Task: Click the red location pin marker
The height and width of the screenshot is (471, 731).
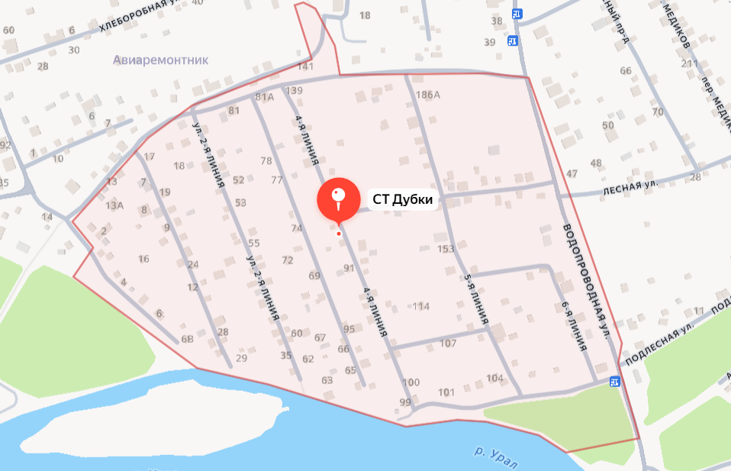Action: pos(338,200)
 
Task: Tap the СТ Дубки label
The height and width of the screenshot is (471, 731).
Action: pos(403,201)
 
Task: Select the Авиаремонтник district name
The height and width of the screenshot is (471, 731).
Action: pos(160,60)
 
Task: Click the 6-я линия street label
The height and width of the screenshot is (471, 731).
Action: pos(575,324)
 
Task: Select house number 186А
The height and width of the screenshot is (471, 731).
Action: pos(429,95)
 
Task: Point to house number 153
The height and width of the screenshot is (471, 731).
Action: pos(446,249)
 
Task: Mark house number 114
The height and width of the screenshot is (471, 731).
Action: pos(421,307)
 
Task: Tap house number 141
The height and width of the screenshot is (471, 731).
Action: pos(306,67)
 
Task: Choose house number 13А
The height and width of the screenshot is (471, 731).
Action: pos(114,205)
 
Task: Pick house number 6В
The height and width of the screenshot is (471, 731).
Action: pos(188,340)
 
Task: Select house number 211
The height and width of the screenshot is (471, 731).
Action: pos(691,63)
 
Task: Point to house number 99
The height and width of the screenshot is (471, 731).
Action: pos(405,402)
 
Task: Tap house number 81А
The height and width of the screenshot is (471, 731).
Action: pos(265,97)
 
